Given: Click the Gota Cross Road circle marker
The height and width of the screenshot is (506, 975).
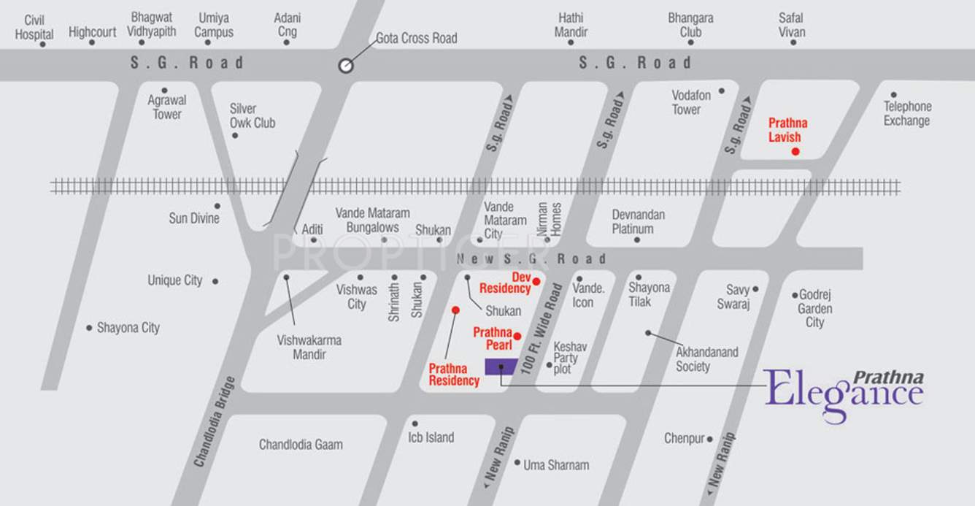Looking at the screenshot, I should pos(346,66).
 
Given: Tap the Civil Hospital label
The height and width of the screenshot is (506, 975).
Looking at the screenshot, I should pos(34,27).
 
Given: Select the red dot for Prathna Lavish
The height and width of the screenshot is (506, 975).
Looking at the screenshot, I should pos(795,151).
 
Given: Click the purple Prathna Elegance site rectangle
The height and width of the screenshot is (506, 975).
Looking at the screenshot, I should pos(501,367).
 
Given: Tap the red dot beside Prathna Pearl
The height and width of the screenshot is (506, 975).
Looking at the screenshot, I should pos(517,336).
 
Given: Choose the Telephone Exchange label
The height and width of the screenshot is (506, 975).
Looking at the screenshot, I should pos(907,113).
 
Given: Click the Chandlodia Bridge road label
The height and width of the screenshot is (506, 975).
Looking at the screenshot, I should pos(215,421).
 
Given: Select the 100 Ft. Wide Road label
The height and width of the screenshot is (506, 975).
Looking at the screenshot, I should pos(540,329).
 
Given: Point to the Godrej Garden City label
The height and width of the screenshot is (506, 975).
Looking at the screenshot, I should pos(814,308).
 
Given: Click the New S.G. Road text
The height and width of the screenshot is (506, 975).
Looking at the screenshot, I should pos(531,258).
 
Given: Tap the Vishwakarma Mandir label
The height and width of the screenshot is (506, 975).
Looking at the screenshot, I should pos(309,347).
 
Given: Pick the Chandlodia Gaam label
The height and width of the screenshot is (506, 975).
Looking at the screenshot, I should pos(301,444).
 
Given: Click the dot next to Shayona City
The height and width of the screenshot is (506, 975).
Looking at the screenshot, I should pos(89,328).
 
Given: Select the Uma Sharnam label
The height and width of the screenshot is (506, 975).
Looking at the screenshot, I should pos(556,464).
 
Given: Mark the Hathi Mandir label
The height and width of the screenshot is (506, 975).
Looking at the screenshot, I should pos(571,25).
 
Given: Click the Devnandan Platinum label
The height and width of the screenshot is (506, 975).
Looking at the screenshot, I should pos(638,221).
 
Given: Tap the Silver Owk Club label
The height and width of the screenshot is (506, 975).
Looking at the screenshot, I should pos(253,115).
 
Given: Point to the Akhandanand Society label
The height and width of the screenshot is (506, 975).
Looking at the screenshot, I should pos(706,359).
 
